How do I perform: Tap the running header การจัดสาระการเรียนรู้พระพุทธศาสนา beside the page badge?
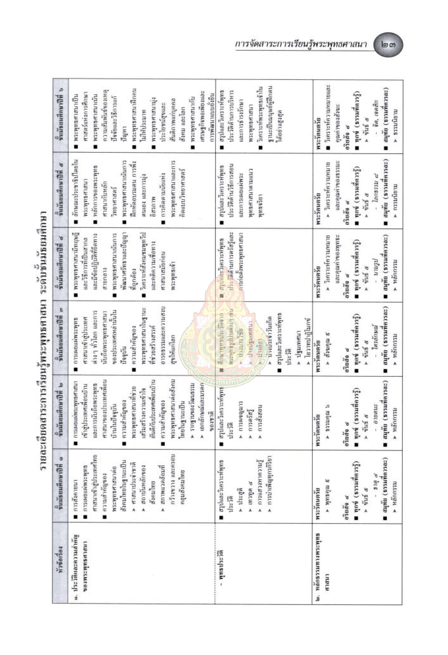(x=301, y=45)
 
